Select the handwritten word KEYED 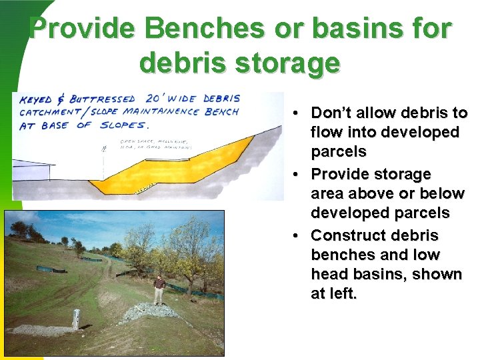pos(37,100)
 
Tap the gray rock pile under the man pos(155,311)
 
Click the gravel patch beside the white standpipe pos(47,329)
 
